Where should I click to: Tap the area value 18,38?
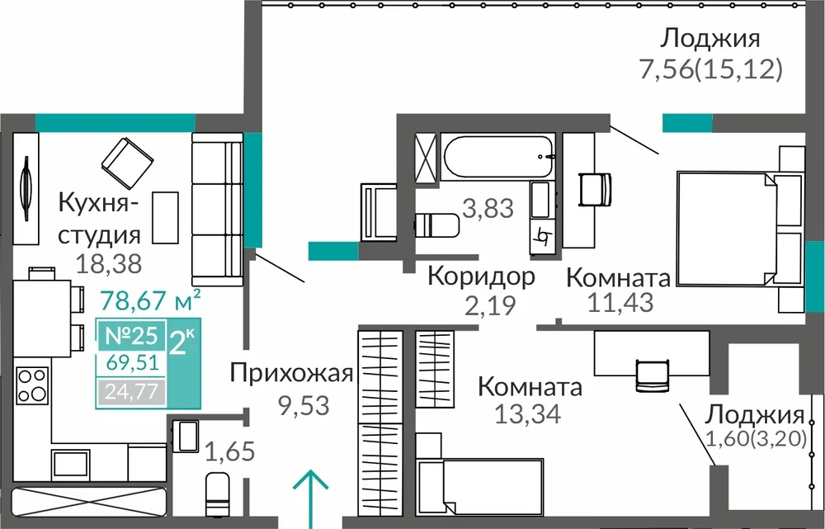[109, 262]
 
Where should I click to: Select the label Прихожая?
[291, 374]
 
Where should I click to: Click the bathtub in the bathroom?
[497, 156]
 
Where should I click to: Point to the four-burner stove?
[33, 385]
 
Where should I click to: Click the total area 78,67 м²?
[150, 300]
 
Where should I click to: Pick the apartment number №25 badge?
[131, 335]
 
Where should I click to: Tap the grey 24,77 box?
[131, 392]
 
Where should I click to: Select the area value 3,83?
[488, 208]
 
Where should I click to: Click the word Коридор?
[481, 276]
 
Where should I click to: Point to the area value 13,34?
[528, 413]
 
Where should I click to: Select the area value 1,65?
[230, 451]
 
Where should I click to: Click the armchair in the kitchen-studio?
[127, 159]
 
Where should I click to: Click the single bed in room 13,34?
[479, 486]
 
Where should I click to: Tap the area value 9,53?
[304, 405]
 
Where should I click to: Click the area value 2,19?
[490, 305]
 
